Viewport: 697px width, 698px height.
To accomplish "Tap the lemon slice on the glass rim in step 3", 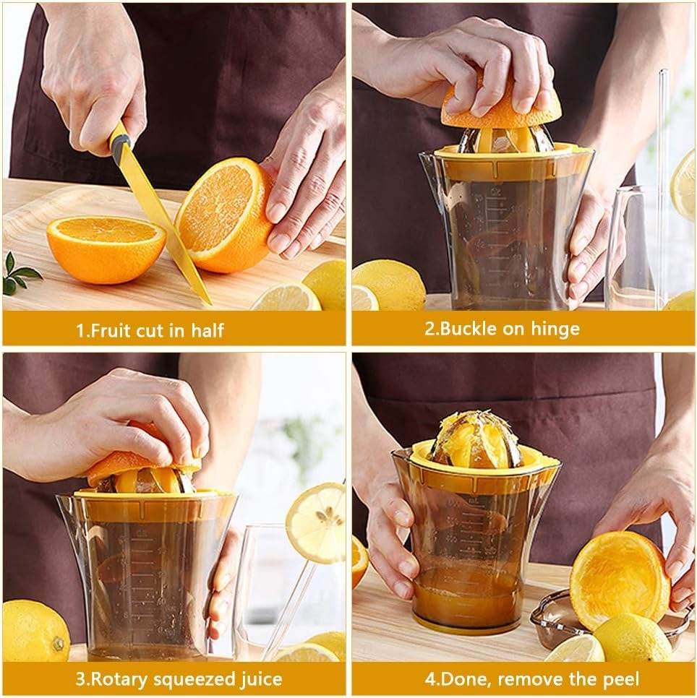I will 317,522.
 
